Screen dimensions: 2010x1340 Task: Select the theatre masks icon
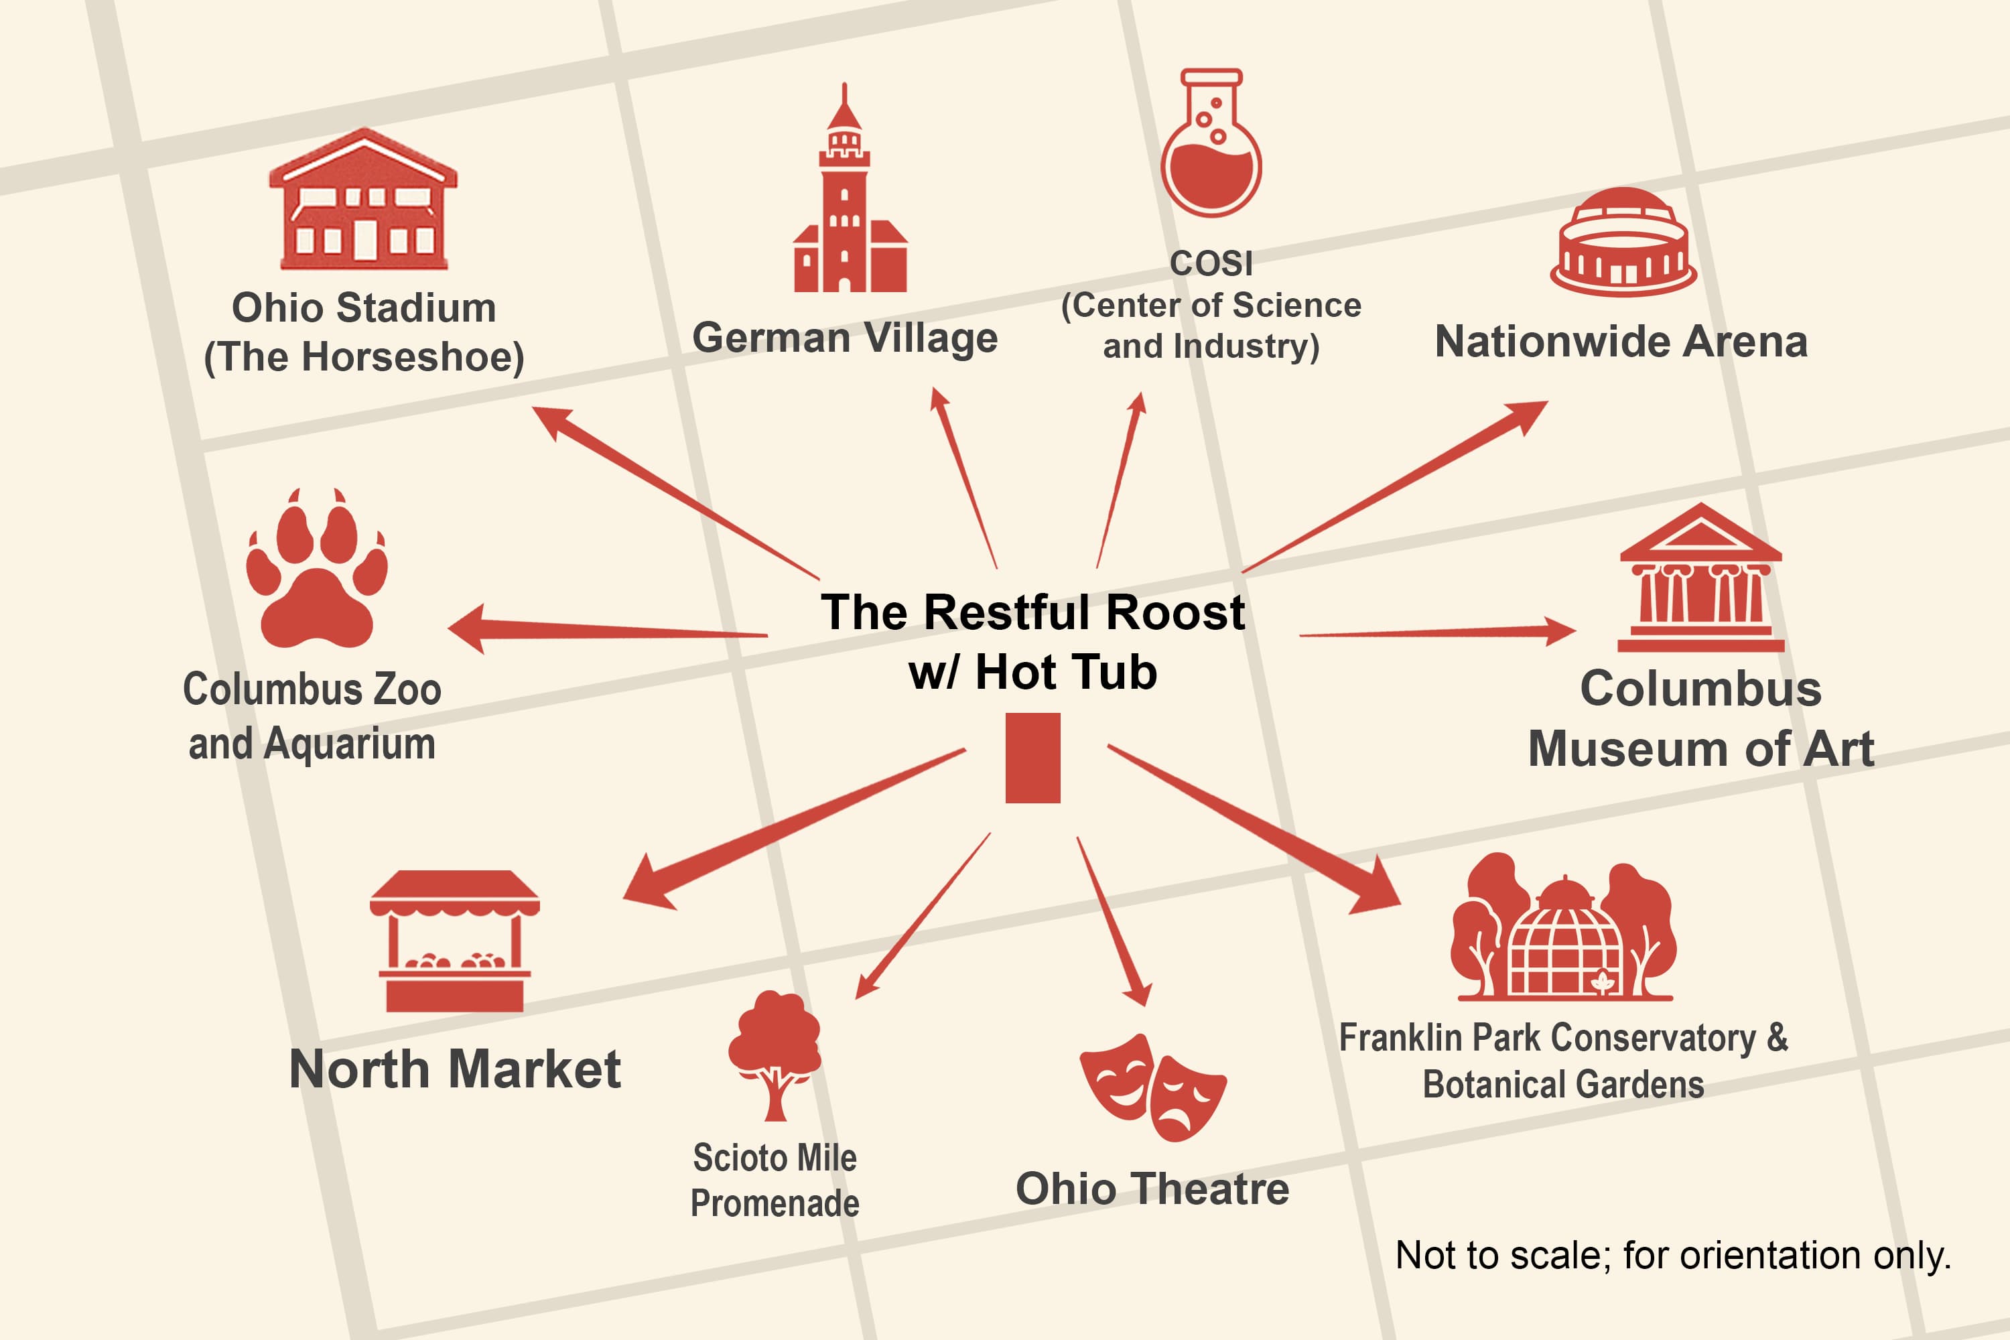(x=1153, y=1087)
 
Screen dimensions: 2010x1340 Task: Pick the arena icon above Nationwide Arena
(x=1623, y=242)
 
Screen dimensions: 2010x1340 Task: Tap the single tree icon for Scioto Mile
(x=775, y=1055)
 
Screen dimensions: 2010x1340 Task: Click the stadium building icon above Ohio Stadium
(x=363, y=198)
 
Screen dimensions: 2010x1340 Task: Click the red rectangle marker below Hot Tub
(x=1032, y=758)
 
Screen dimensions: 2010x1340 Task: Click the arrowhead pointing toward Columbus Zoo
(x=468, y=629)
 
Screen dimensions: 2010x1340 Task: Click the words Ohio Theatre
(x=1152, y=1189)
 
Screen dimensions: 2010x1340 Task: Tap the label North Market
(x=455, y=1069)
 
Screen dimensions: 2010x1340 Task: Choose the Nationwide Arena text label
(x=1621, y=341)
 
